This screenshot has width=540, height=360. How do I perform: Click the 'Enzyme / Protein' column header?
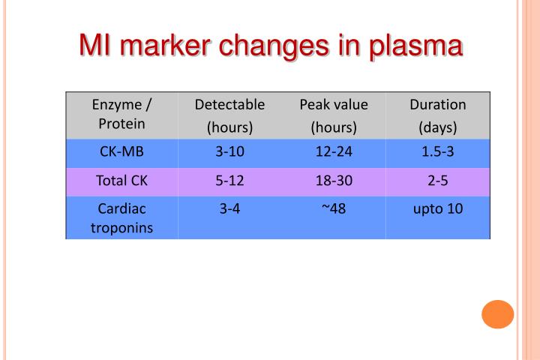(x=121, y=115)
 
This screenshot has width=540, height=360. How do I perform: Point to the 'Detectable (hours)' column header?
(x=229, y=115)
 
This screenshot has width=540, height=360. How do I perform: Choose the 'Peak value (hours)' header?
(x=334, y=115)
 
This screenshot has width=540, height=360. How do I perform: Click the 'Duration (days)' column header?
(x=438, y=115)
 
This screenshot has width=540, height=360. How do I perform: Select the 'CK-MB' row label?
(x=121, y=152)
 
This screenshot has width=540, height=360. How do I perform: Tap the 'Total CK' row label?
(x=121, y=180)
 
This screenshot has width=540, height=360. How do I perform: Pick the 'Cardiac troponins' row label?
(x=121, y=217)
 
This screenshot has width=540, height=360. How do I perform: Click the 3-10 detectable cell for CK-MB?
(x=229, y=152)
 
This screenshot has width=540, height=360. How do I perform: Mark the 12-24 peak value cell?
(x=334, y=152)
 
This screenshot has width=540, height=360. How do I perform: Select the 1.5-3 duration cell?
(x=438, y=152)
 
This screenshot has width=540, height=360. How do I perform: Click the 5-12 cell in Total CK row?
(x=229, y=180)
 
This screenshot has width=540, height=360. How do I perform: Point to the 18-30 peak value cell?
(x=334, y=180)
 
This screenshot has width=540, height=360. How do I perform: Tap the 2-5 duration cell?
(x=438, y=180)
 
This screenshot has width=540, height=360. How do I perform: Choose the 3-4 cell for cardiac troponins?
(x=229, y=208)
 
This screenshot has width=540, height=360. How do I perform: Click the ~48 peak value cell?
(x=334, y=208)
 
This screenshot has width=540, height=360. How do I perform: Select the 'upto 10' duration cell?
(x=438, y=208)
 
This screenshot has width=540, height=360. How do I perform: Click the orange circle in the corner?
(x=497, y=313)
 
